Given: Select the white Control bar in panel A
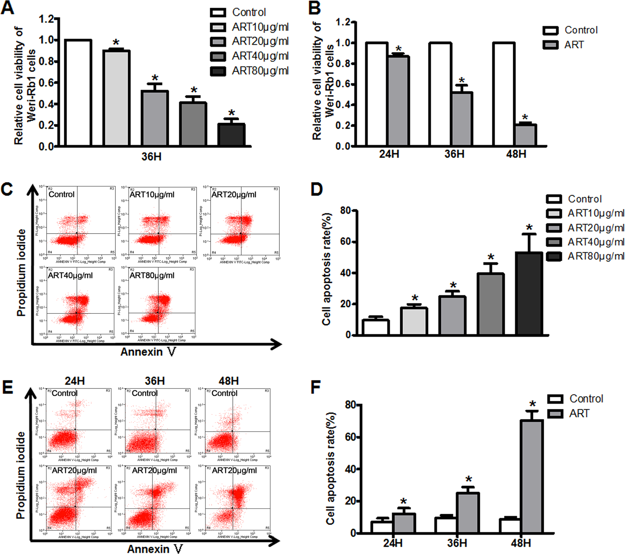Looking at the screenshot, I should click(x=78, y=93).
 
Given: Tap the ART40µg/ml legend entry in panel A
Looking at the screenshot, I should click(x=250, y=56).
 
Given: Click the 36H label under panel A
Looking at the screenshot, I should click(x=151, y=157).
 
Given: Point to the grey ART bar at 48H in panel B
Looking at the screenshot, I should click(x=525, y=135).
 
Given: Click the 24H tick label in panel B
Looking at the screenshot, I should click(x=389, y=154).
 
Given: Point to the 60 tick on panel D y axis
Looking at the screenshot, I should click(x=345, y=242).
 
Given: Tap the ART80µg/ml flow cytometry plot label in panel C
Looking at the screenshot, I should click(x=152, y=275).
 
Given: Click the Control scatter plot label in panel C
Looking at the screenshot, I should click(x=62, y=194).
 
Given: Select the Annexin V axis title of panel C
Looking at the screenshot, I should click(x=148, y=352).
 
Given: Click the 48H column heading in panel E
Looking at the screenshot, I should click(x=229, y=381).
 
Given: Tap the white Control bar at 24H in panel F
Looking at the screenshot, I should click(x=381, y=527).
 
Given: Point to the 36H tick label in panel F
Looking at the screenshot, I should click(x=457, y=543).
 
